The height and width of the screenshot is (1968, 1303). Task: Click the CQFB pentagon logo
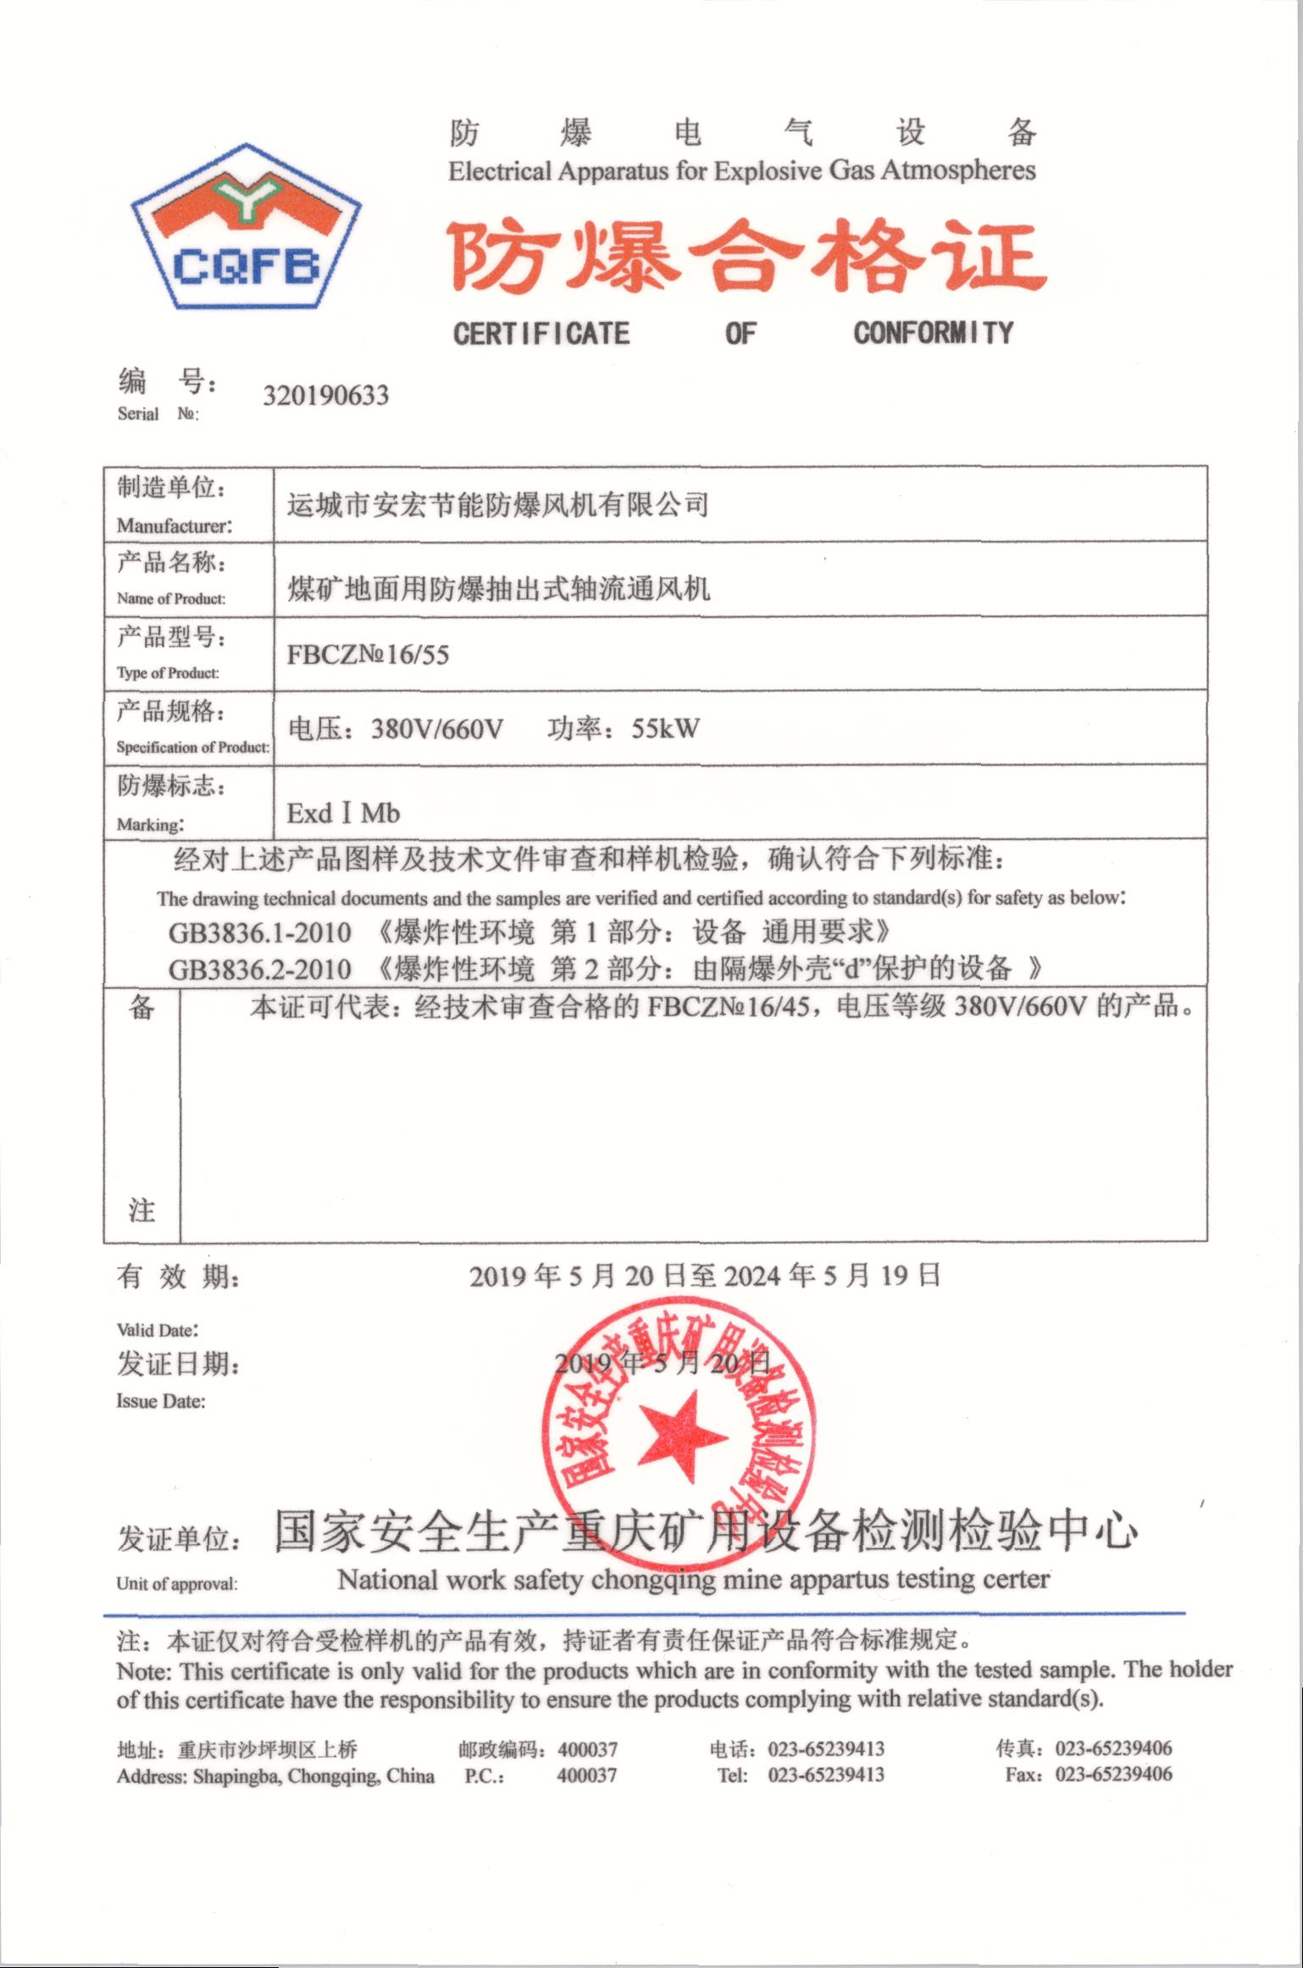click(x=246, y=227)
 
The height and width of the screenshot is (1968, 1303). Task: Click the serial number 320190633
click(x=325, y=396)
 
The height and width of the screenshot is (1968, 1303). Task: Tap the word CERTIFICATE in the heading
click(x=541, y=333)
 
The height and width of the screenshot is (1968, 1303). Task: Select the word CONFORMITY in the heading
click(x=933, y=332)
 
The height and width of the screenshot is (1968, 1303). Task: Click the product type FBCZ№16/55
click(x=368, y=654)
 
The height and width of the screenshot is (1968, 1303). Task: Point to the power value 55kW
click(x=665, y=728)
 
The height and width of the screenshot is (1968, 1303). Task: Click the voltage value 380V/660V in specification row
click(x=437, y=729)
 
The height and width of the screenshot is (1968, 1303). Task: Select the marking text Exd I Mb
click(x=343, y=814)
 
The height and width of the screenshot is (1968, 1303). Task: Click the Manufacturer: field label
click(x=174, y=525)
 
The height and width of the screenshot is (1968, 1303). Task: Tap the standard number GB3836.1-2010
click(x=259, y=933)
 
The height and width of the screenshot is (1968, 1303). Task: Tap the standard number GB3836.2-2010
click(x=259, y=969)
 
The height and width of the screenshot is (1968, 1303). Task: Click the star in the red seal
click(x=681, y=1437)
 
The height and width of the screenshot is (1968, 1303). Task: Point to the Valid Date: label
click(x=158, y=1330)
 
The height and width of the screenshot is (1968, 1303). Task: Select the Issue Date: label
click(x=161, y=1401)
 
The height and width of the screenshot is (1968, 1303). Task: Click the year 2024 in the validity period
click(x=751, y=1276)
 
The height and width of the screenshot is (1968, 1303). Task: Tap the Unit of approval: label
click(x=177, y=1584)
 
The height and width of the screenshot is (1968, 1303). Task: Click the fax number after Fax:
click(x=1113, y=1775)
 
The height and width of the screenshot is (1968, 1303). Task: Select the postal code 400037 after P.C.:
click(x=586, y=1775)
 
